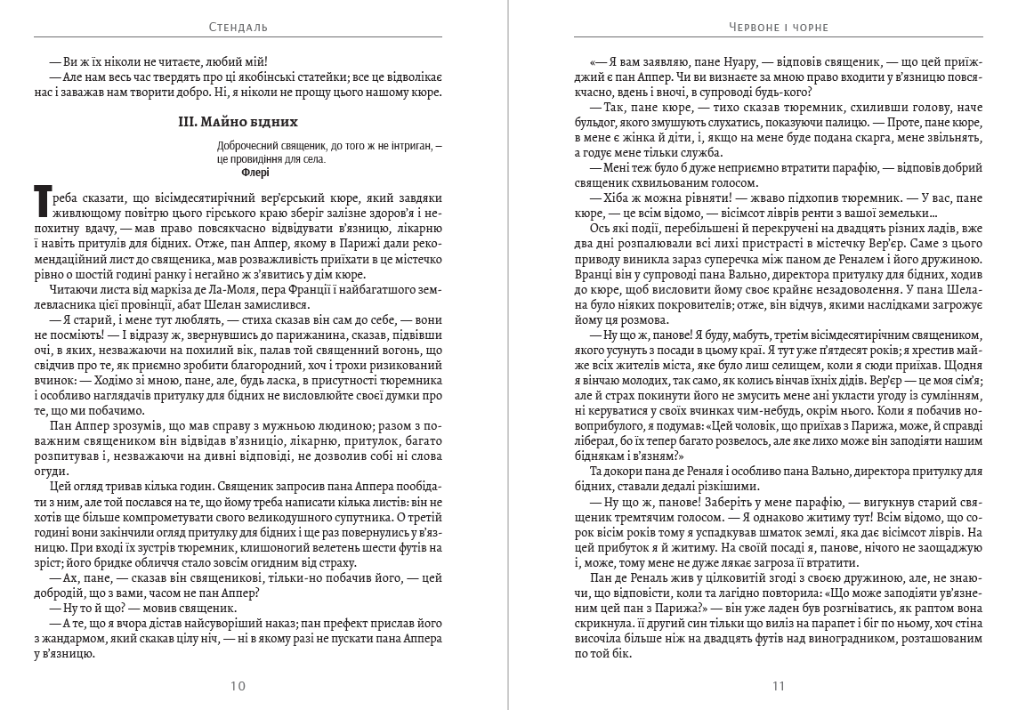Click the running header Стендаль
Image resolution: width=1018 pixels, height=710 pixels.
click(237, 27)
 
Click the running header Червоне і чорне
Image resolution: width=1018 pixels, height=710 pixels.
click(778, 27)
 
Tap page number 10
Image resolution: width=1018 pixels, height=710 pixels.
click(238, 686)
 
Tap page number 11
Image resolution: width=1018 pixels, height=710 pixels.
click(779, 686)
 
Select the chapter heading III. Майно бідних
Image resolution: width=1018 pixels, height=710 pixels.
click(238, 121)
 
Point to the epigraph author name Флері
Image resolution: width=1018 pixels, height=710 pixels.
click(254, 173)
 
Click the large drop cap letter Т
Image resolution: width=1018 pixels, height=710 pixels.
click(41, 203)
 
